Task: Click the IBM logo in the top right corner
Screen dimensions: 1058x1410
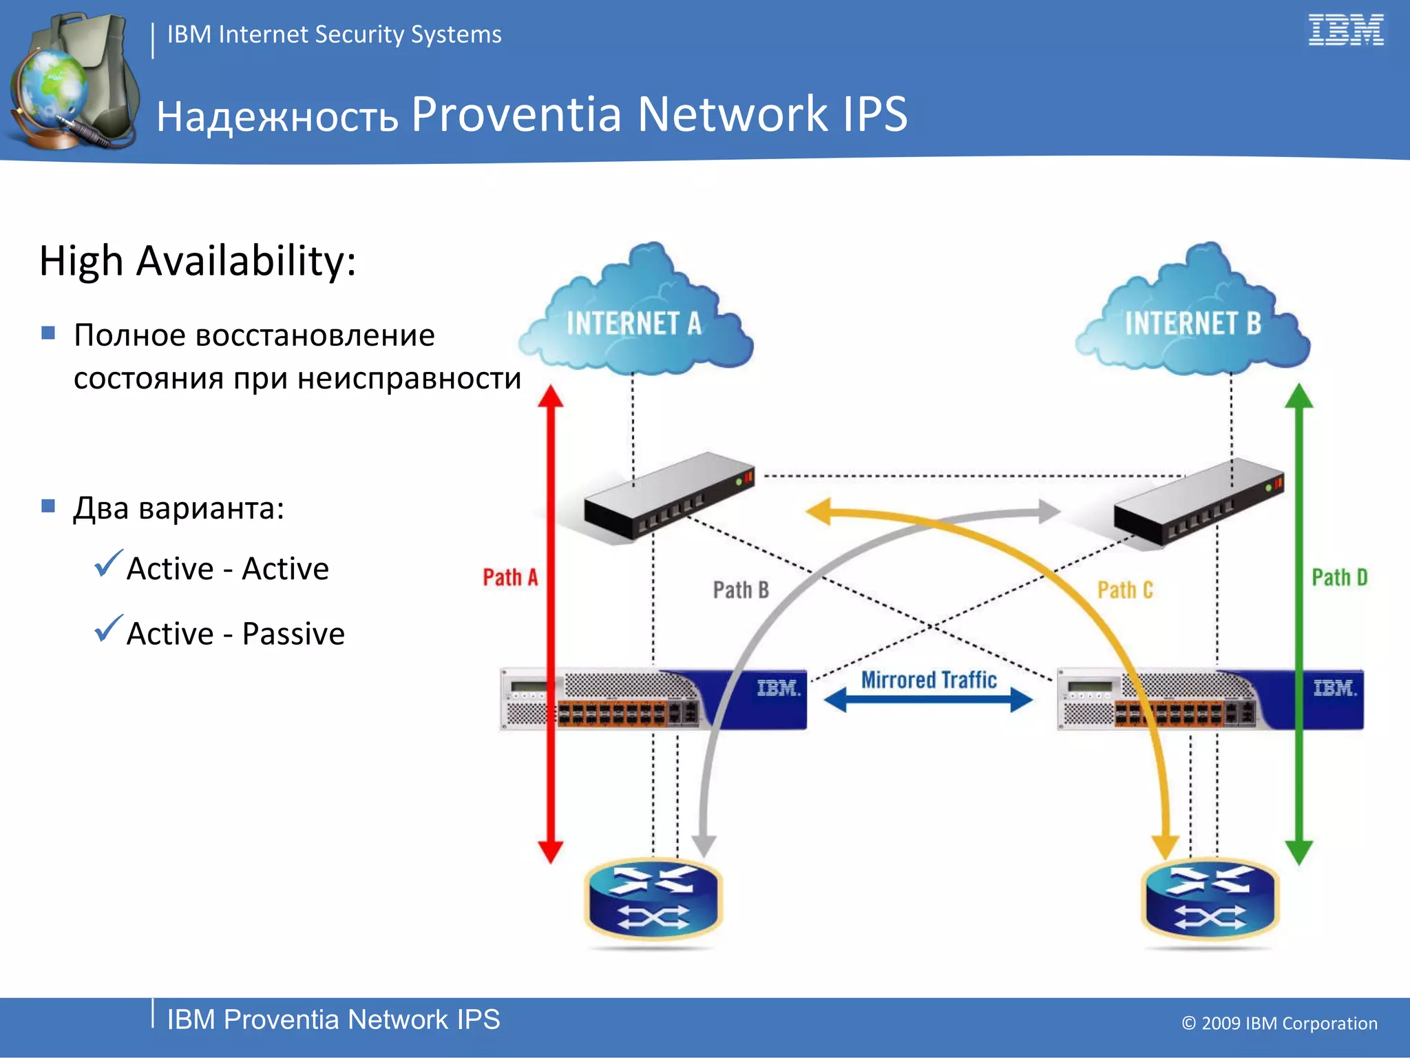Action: pyautogui.click(x=1345, y=30)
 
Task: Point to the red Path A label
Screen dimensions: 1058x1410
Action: pyautogui.click(x=509, y=577)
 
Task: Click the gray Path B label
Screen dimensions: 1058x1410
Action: pyautogui.click(x=741, y=590)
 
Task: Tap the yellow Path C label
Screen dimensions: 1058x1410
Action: pyautogui.click(x=1124, y=590)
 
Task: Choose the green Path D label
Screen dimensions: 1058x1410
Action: pyautogui.click(x=1339, y=577)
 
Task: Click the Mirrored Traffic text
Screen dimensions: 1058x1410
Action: pyautogui.click(x=929, y=680)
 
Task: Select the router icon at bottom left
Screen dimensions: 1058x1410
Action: pyautogui.click(x=653, y=900)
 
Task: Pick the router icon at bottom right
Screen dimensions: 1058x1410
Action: pyautogui.click(x=1210, y=900)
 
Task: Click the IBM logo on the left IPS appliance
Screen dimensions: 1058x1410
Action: pyautogui.click(x=778, y=688)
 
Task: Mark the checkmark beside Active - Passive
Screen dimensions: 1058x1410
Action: pyautogui.click(x=108, y=628)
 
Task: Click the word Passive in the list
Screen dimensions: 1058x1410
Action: pyautogui.click(x=293, y=634)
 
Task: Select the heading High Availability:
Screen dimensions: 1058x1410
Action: pyautogui.click(x=198, y=261)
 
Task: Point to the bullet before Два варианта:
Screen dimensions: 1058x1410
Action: pyautogui.click(x=48, y=506)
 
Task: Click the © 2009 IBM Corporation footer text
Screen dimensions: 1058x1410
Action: pyautogui.click(x=1279, y=1024)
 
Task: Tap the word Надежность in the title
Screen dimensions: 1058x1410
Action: pyautogui.click(x=277, y=116)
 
